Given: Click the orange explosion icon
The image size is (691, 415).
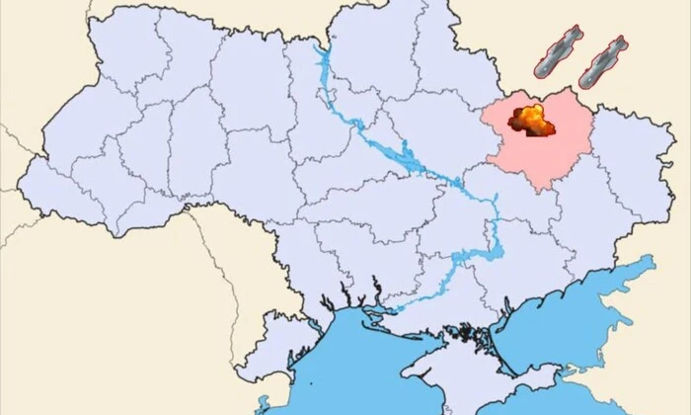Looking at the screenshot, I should pyautogui.click(x=531, y=122).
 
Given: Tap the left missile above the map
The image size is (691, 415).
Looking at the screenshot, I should pyautogui.click(x=559, y=53).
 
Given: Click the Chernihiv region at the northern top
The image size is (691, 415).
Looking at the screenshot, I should pyautogui.click(x=375, y=49).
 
